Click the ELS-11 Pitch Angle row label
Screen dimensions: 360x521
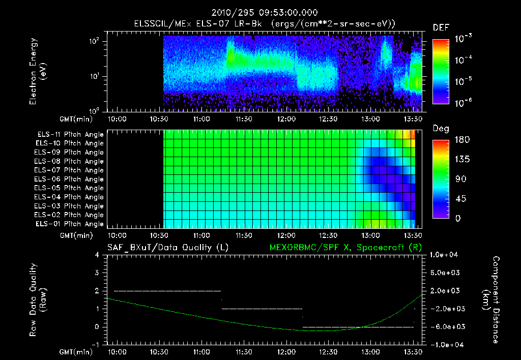[70, 135]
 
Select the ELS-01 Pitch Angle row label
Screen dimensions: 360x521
[69, 224]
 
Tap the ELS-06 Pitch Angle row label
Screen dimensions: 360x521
[69, 179]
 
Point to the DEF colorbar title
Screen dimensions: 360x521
[441, 27]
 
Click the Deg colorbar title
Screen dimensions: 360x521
[441, 129]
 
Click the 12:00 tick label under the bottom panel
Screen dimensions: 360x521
[286, 352]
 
